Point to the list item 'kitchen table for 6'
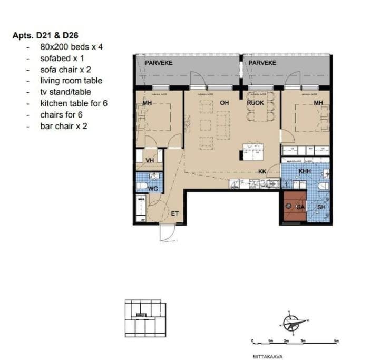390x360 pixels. (x=74, y=103)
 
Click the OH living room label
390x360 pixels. (x=224, y=103)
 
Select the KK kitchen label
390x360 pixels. (x=262, y=171)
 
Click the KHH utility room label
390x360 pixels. (x=304, y=171)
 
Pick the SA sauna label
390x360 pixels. (x=300, y=208)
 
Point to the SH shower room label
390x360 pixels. (x=321, y=208)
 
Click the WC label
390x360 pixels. (x=153, y=188)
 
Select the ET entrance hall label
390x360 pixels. (x=175, y=213)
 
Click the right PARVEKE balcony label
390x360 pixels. (x=262, y=63)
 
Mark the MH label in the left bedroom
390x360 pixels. (x=147, y=103)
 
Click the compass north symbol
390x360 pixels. (x=291, y=323)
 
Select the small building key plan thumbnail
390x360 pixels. (x=144, y=317)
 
